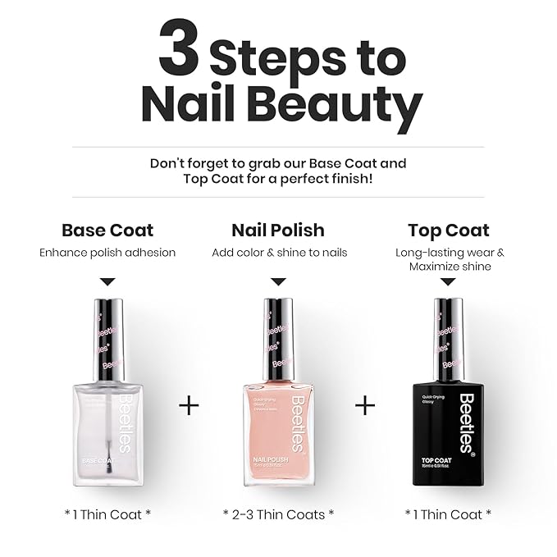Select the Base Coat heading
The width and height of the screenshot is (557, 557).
[x=107, y=230]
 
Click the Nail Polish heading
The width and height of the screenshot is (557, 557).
[x=278, y=230]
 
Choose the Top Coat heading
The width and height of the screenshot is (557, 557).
[x=449, y=230]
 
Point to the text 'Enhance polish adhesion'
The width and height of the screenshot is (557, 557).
[x=107, y=253]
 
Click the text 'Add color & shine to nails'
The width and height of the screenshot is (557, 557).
[x=279, y=253]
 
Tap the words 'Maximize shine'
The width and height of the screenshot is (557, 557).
[x=449, y=267]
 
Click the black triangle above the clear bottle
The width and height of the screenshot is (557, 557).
[x=107, y=281]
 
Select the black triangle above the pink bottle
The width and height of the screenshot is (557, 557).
[x=278, y=281]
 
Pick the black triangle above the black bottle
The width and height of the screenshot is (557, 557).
[x=449, y=281]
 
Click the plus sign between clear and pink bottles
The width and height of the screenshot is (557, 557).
[x=189, y=405]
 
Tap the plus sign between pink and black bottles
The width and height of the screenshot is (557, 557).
[x=365, y=405]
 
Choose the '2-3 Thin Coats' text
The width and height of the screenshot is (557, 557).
[x=279, y=514]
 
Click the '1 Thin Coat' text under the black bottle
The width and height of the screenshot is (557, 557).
[x=449, y=514]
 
